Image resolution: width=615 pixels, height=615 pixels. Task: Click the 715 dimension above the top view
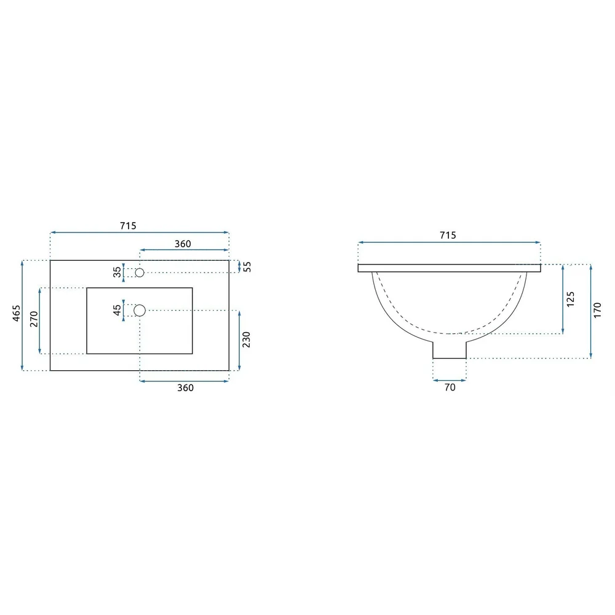pos(129,226)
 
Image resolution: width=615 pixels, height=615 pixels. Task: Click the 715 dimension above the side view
pos(448,236)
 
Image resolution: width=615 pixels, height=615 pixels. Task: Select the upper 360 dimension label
pos(183,244)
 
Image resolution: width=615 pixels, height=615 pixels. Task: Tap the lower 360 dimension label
pos(186,388)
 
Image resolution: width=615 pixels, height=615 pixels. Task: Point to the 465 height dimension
pos(17,314)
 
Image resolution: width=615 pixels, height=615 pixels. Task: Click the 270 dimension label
pos(34,319)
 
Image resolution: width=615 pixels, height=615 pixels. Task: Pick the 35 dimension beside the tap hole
pos(117,272)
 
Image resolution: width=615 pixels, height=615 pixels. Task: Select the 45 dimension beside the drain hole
pos(117,310)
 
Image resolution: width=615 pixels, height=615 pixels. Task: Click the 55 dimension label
pos(247,267)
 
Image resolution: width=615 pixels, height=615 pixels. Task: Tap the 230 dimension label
pos(247,339)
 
